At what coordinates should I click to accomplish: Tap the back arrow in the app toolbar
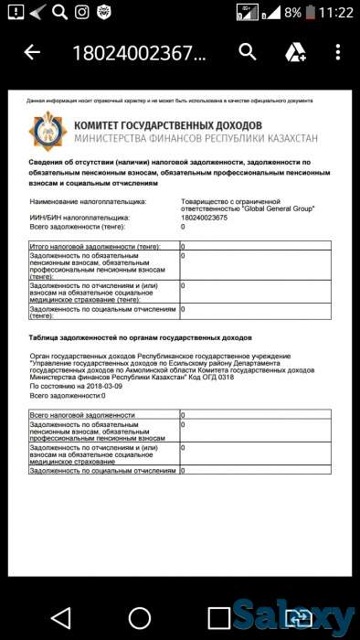(32, 53)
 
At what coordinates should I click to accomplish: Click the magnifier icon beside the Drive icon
(248, 52)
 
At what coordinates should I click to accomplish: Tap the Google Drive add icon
(295, 53)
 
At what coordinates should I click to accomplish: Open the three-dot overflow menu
(338, 53)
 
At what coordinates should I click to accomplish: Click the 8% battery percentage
(292, 13)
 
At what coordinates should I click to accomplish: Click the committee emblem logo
(45, 131)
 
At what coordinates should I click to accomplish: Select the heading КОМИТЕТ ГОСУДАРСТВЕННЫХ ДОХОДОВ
(168, 124)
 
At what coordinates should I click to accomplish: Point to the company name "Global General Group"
(279, 209)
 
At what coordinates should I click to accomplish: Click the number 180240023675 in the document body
(207, 218)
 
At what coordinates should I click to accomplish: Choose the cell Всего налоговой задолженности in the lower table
(83, 415)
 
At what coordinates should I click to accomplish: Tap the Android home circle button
(139, 617)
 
